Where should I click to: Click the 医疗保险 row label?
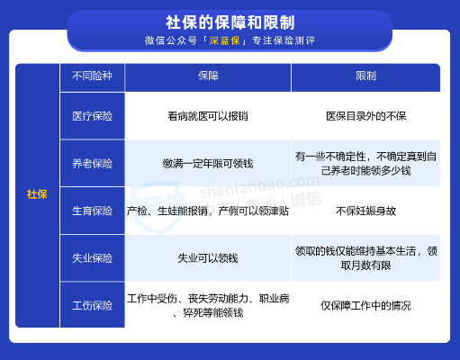click(92, 116)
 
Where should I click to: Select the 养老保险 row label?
click(92, 164)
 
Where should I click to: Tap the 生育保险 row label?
click(92, 211)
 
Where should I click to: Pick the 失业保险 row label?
click(92, 258)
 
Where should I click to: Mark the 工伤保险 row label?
click(92, 306)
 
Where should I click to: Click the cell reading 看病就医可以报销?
click(208, 116)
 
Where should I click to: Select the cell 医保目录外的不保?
click(365, 116)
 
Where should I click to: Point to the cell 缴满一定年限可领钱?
click(208, 164)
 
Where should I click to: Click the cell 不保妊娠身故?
click(365, 211)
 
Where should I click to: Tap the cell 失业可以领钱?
click(208, 258)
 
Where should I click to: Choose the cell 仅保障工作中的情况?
click(365, 306)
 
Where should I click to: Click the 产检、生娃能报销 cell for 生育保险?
click(208, 211)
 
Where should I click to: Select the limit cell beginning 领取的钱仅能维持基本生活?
click(365, 258)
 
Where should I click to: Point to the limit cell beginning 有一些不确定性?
click(365, 163)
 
